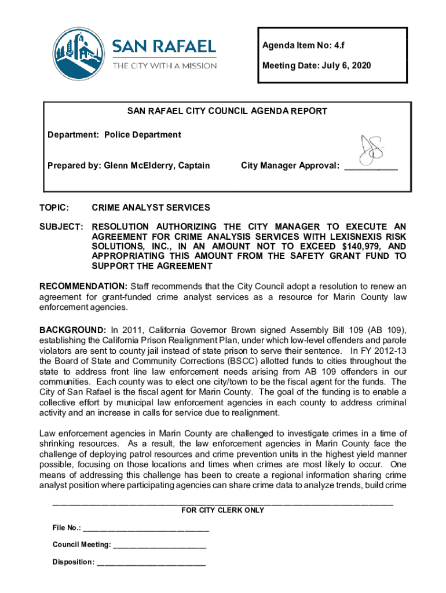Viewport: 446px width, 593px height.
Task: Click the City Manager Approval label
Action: (x=290, y=166)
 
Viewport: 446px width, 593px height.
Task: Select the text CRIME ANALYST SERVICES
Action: (x=151, y=207)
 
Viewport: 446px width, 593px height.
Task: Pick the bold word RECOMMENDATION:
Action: (x=83, y=286)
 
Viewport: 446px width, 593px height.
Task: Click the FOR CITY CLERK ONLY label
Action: (x=223, y=510)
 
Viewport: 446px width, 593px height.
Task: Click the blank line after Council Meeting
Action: (x=160, y=545)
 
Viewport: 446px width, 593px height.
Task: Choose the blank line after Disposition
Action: (x=151, y=562)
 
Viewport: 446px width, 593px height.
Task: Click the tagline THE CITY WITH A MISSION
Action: (x=164, y=65)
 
